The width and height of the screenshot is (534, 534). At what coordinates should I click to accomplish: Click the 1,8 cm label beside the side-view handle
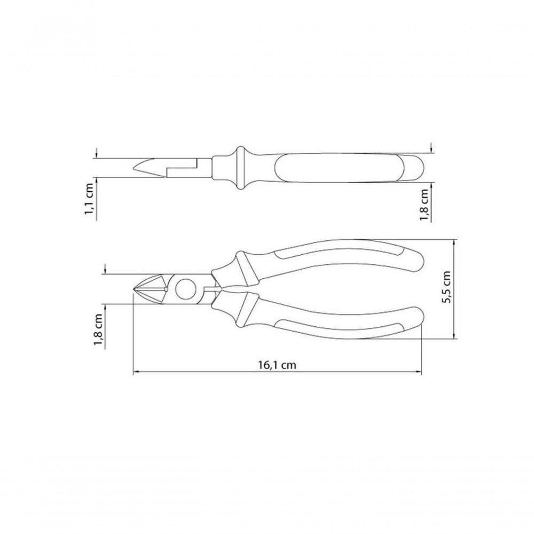[x=424, y=203]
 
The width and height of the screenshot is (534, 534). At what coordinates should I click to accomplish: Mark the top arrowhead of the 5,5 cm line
[x=454, y=241]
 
